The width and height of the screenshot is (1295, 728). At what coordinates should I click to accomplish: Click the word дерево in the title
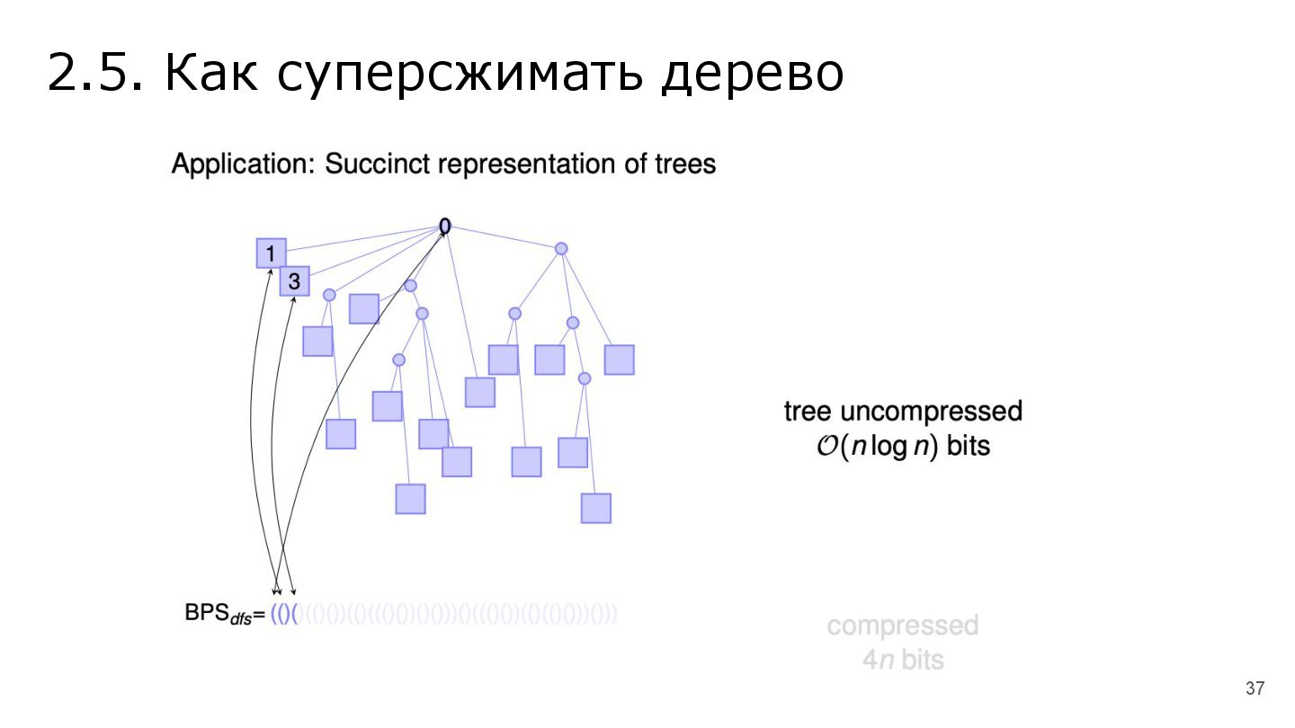tap(752, 74)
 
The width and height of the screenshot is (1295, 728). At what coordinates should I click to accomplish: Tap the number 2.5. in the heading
tap(94, 74)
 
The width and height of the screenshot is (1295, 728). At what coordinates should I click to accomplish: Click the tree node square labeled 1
tap(271, 253)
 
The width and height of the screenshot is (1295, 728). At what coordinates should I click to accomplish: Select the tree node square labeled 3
tap(294, 282)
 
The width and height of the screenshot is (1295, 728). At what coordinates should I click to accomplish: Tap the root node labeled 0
tap(444, 226)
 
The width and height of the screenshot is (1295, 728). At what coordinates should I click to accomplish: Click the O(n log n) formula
tap(876, 447)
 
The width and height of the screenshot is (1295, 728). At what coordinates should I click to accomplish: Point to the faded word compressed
tap(902, 626)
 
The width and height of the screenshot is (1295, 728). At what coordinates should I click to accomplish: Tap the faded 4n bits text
tap(902, 661)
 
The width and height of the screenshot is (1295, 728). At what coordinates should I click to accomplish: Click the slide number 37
tap(1255, 689)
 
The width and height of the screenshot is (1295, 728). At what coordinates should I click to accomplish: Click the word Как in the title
tap(213, 74)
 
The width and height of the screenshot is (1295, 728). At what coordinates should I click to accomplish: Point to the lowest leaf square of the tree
tap(596, 508)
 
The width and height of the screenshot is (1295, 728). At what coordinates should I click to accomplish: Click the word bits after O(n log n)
tap(968, 447)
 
